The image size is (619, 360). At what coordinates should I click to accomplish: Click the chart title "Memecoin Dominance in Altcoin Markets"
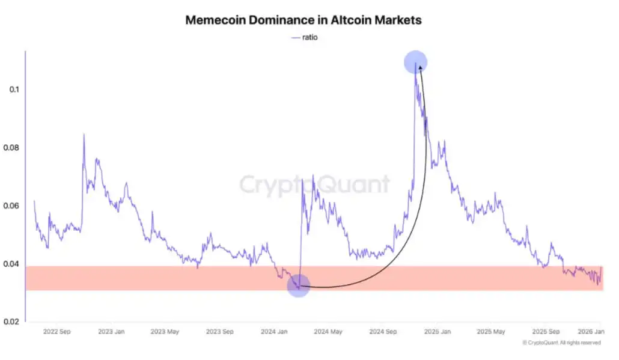303,20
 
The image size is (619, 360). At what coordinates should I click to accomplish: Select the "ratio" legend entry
304,37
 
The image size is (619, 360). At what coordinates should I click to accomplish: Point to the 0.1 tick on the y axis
13,90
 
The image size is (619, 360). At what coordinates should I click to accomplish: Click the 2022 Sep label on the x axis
58,331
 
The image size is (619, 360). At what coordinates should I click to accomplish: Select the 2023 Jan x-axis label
112,331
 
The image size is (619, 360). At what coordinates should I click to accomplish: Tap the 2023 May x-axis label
165,331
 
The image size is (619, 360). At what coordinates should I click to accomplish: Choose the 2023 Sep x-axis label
220,331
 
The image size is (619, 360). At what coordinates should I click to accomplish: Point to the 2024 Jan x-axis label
274,331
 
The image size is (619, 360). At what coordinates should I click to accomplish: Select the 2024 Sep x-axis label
382,331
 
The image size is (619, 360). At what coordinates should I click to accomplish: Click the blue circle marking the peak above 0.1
416,62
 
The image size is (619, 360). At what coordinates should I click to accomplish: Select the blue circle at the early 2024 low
299,285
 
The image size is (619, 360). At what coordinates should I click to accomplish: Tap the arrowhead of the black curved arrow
420,69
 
